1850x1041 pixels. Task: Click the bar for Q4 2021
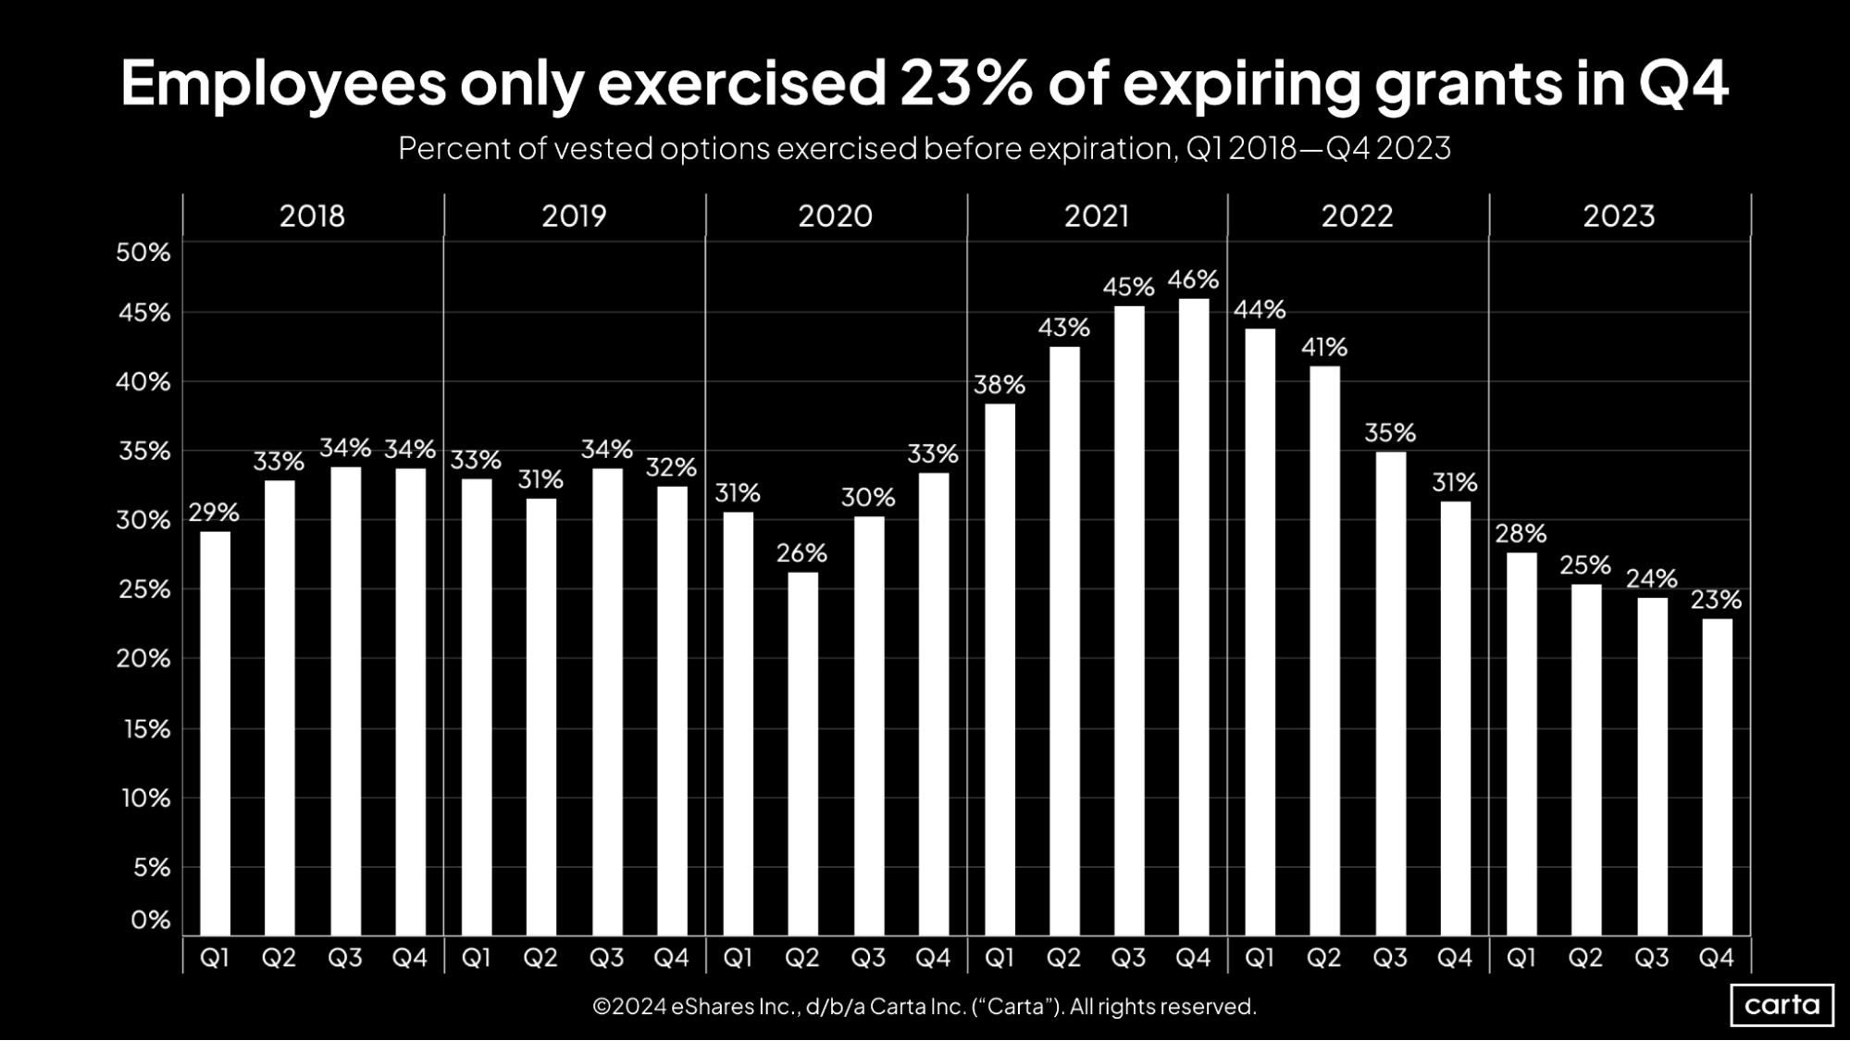click(x=1194, y=616)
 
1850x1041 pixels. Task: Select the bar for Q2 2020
click(x=802, y=753)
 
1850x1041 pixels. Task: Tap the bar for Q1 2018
click(x=215, y=733)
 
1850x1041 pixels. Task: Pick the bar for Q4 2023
click(x=1717, y=776)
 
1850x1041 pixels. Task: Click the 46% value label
click(x=1193, y=279)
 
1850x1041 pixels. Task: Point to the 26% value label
click(x=801, y=553)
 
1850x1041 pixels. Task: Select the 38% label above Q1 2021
click(x=999, y=385)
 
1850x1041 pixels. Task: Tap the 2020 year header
click(x=835, y=216)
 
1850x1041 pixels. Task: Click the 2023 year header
click(x=1619, y=216)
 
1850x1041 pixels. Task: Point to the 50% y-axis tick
click(x=143, y=253)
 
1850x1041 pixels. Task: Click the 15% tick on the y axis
click(x=146, y=729)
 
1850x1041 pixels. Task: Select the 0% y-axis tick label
click(x=150, y=920)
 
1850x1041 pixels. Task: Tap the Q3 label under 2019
click(x=606, y=958)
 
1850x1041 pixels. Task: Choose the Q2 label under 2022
click(x=1323, y=958)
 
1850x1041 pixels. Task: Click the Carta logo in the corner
click(x=1782, y=1005)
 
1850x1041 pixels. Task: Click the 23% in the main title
click(x=965, y=83)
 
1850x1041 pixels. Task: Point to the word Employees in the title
click(x=283, y=83)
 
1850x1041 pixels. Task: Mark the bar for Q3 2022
click(x=1390, y=693)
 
